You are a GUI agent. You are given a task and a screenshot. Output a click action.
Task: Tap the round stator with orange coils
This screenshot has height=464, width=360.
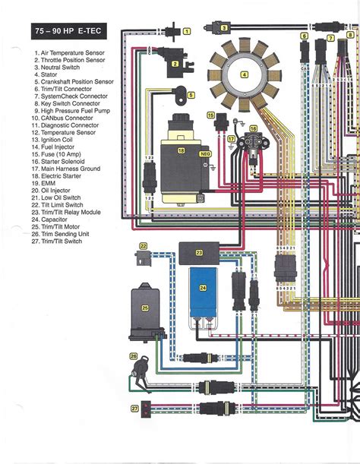[x=244, y=74]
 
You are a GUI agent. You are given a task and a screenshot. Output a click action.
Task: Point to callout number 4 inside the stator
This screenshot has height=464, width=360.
[x=244, y=74]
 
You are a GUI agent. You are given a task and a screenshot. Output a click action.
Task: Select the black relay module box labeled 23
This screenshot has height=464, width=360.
[x=199, y=251]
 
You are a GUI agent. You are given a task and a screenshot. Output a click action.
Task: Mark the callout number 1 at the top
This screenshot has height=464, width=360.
[x=186, y=31]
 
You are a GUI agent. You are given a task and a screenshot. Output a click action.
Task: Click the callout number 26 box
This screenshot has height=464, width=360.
[x=134, y=355]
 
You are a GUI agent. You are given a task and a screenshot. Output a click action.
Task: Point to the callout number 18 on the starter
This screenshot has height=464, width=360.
[x=181, y=151]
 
